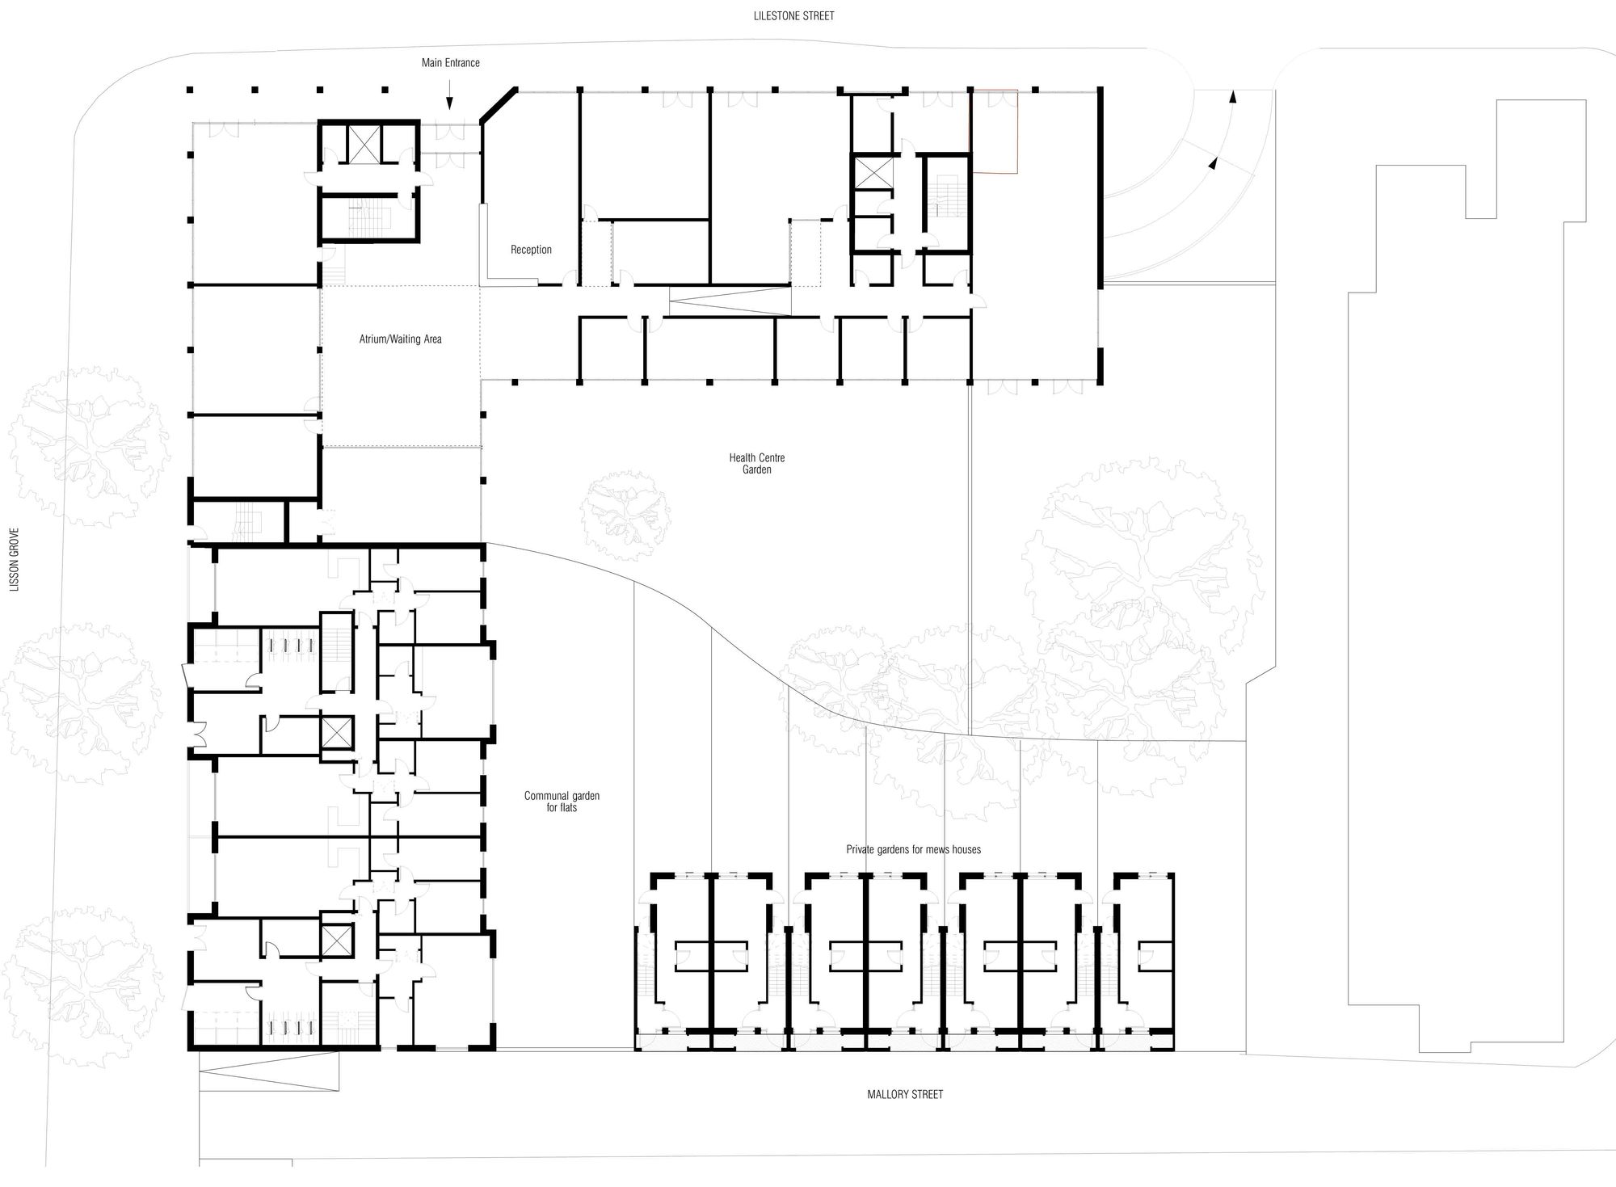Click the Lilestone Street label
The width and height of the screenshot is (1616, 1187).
[x=793, y=16]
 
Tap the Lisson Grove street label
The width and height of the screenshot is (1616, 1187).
[x=15, y=560]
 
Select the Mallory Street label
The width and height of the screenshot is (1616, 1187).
[x=905, y=1094]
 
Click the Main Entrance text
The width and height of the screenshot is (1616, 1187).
[x=450, y=62]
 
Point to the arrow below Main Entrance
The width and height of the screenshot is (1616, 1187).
[x=450, y=97]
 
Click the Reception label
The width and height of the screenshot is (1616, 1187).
[x=531, y=250]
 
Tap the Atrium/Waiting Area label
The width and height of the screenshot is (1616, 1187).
[x=401, y=339]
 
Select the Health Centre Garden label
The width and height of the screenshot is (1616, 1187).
[x=757, y=464]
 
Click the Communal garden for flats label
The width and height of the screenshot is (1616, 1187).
[x=562, y=802]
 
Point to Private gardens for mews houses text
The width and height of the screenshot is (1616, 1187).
[x=913, y=849]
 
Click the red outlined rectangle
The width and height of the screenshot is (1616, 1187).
[x=994, y=131]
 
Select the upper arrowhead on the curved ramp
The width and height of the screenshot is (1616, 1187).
[x=1232, y=97]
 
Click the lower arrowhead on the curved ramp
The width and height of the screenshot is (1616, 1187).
[x=1212, y=164]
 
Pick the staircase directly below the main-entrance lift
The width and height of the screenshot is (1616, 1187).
[x=368, y=217]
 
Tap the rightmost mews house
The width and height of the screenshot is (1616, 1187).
[x=1141, y=961]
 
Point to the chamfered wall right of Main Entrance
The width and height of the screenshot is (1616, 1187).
[x=499, y=106]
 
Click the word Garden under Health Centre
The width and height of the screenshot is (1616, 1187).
[x=757, y=469]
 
